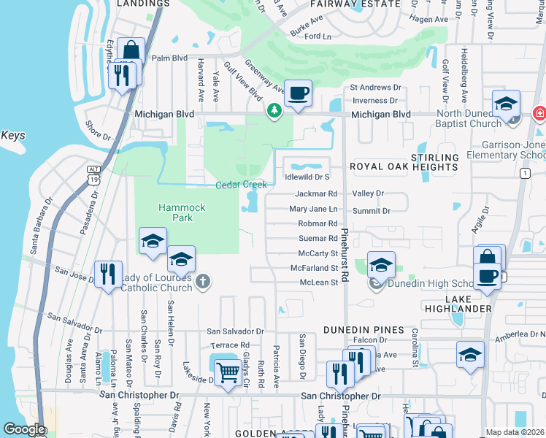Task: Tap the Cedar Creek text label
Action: pyautogui.click(x=241, y=185)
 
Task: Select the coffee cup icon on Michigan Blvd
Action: pyautogui.click(x=298, y=93)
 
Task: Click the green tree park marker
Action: pyautogui.click(x=274, y=110)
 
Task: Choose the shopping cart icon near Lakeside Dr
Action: pyautogui.click(x=228, y=372)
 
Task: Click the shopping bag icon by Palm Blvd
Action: pyautogui.click(x=131, y=52)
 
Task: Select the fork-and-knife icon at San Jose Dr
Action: pyautogui.click(x=109, y=274)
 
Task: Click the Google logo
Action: pyautogui.click(x=24, y=429)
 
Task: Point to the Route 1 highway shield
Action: pyautogui.click(x=525, y=172)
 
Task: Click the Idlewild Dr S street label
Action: pyautogui.click(x=307, y=177)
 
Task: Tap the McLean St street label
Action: pyautogui.click(x=319, y=282)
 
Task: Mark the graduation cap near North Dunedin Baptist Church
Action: pyautogui.click(x=505, y=104)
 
